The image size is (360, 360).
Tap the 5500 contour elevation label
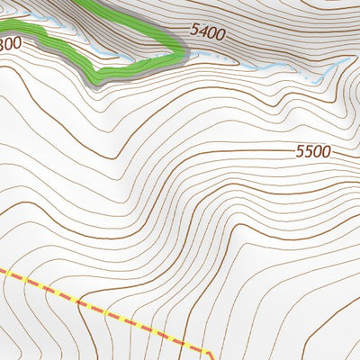point(312,152)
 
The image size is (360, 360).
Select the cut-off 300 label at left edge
point(10,43)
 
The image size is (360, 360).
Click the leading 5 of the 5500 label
point(299,153)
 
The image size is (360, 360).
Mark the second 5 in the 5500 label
point(308,153)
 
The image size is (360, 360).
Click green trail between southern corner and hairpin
point(135,65)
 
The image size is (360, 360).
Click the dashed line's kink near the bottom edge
point(204,349)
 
